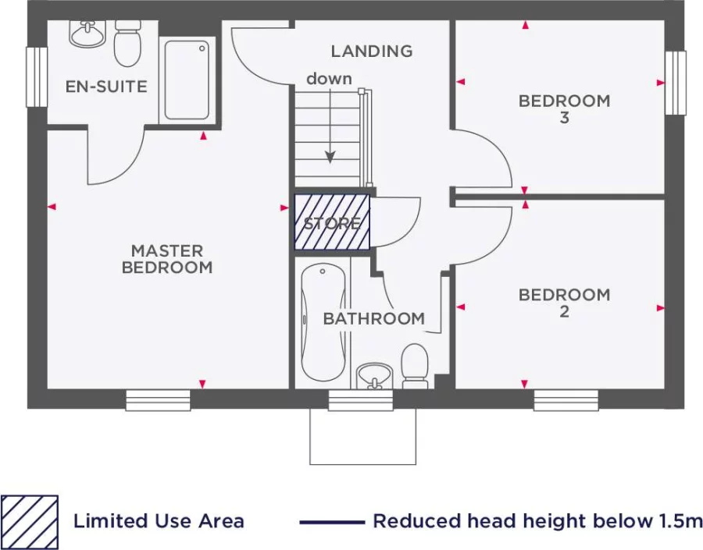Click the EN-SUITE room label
105,87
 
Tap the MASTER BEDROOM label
166,259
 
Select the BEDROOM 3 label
564,109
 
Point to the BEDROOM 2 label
564,303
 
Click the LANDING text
371,51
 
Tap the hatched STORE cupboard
332,222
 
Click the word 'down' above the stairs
328,79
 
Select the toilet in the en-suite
127,44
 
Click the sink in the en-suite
87,33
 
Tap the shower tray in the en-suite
187,80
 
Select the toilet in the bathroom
415,367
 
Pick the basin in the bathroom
374,375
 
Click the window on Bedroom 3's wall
675,83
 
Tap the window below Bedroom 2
566,400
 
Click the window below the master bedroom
158,400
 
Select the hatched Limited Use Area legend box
29,520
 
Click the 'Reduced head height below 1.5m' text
537,521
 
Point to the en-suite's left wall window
36,76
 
